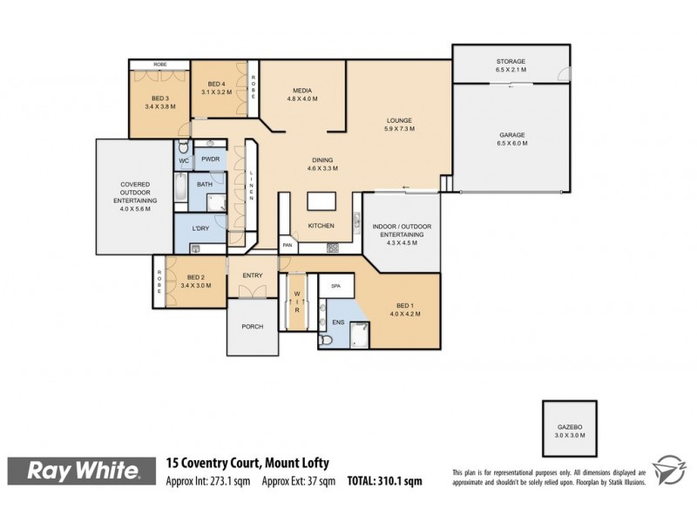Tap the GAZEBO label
pos(571,426)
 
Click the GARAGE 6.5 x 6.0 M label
pos(511,139)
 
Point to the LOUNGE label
pos(400,125)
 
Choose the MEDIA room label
pos(302,94)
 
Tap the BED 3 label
pos(160,102)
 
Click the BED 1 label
pos(406,310)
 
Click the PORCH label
pos(252,327)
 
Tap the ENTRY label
pos(253,276)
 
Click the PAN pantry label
pos(287,247)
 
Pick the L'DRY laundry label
pos(201,228)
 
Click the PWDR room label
pos(210,160)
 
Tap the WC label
pos(184,161)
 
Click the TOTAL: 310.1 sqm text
pos(385,479)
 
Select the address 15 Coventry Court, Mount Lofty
pos(247,463)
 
